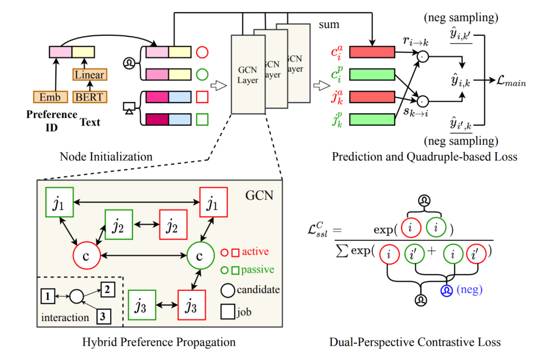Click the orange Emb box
tap(50, 96)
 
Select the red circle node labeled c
tap(87, 255)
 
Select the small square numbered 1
tap(47, 295)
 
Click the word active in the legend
tap(256, 251)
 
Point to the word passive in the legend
tap(258, 269)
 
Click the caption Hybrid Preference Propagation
tap(159, 342)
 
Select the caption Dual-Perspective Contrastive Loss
tap(415, 342)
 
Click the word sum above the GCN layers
tap(329, 24)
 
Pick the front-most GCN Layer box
tap(248, 74)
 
